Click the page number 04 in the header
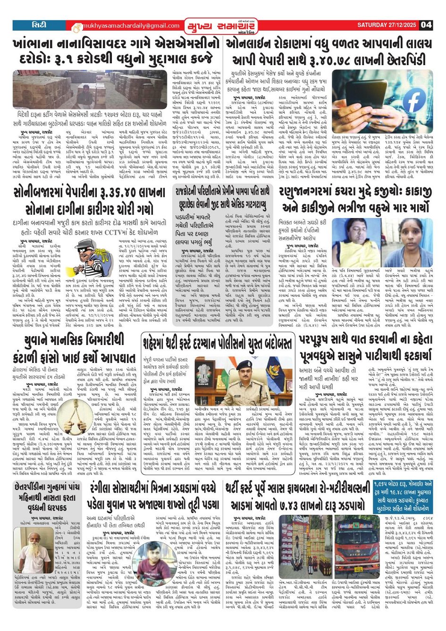click(x=426, y=25)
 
